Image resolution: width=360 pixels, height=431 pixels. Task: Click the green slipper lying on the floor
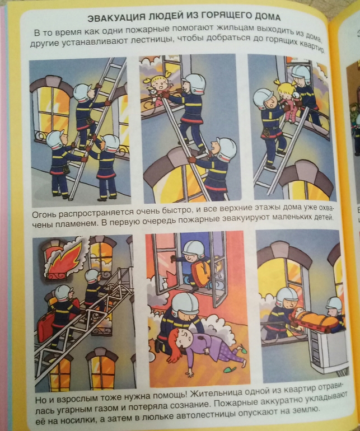click(x=230, y=369)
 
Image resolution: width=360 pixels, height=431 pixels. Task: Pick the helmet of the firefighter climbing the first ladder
click(x=82, y=92)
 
